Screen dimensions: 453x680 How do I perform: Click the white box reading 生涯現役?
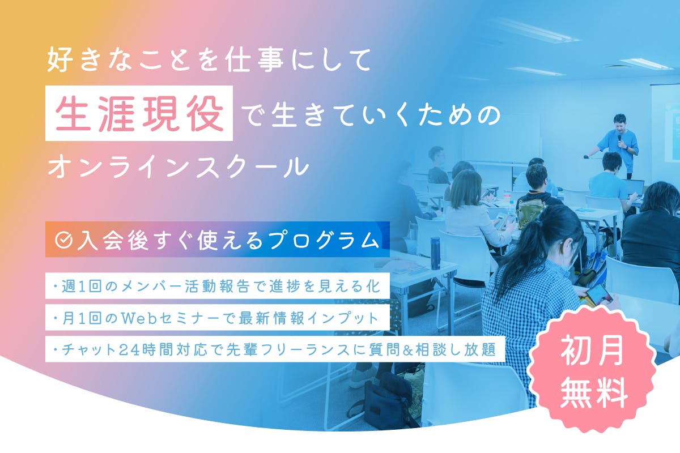(x=139, y=113)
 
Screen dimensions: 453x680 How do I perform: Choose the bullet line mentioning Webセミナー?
(x=218, y=318)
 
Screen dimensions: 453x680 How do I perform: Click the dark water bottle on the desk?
(x=435, y=252)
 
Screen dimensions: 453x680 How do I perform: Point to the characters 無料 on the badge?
(x=593, y=390)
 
